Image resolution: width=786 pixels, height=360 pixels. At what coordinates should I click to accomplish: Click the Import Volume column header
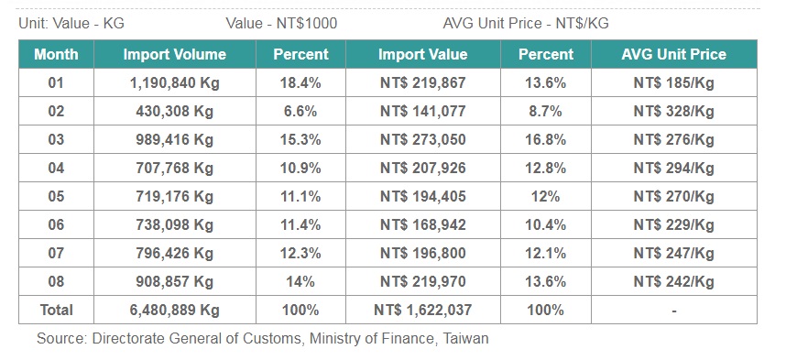(x=174, y=54)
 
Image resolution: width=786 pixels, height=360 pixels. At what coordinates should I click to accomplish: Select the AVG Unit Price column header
(x=673, y=54)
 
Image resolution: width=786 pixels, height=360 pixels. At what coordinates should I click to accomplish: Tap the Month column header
(x=56, y=54)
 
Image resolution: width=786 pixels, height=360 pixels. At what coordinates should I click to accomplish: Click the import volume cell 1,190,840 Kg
(x=174, y=83)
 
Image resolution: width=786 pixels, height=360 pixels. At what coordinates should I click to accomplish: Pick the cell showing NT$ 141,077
(x=422, y=112)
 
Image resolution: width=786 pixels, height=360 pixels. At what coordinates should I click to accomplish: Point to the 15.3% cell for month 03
(x=300, y=140)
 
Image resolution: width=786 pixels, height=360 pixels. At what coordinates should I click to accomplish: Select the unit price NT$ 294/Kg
(x=673, y=169)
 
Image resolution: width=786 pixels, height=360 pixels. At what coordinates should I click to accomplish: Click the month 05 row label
(x=56, y=197)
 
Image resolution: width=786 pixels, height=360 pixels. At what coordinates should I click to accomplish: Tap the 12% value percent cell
(x=545, y=197)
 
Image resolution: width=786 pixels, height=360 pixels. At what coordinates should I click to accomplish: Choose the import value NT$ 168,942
(x=422, y=225)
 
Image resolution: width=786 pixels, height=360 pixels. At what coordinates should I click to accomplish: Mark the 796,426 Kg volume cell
(x=174, y=254)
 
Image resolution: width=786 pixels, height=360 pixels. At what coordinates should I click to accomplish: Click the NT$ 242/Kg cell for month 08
(x=673, y=282)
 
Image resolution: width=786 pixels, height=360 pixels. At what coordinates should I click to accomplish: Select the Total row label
(x=56, y=310)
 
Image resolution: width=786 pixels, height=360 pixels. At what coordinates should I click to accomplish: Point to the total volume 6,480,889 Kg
(x=174, y=310)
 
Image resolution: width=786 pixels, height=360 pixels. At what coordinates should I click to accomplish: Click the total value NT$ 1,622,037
(x=422, y=310)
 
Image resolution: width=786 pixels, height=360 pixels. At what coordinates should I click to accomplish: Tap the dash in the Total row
(x=673, y=311)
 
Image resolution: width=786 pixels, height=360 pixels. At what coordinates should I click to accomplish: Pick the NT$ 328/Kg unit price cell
(x=673, y=112)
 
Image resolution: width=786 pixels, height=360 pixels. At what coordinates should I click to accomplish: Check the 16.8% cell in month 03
(x=545, y=140)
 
